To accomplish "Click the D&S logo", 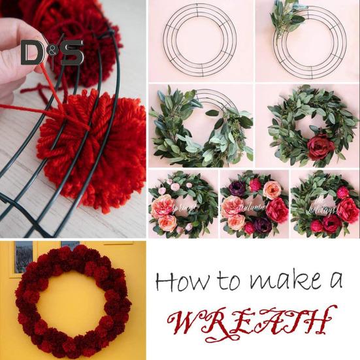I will (x=52, y=52).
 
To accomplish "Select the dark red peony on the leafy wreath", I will (x=320, y=147).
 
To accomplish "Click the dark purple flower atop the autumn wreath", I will (x=236, y=188).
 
